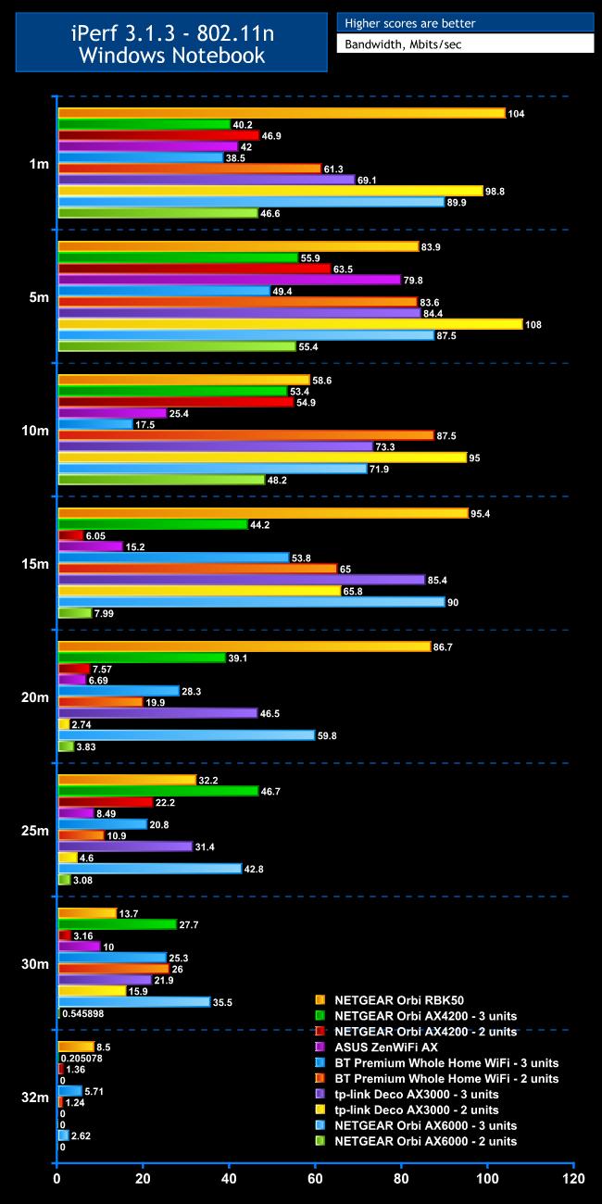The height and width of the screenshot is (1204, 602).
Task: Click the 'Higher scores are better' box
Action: tap(464, 23)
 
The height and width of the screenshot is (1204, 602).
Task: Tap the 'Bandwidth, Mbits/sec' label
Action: tap(464, 44)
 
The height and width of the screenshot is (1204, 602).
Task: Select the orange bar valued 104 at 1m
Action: tap(282, 113)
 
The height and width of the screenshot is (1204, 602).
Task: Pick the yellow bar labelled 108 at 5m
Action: tap(290, 324)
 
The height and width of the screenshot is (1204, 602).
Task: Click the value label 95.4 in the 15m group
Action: tap(485, 513)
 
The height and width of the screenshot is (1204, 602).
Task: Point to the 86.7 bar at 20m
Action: tap(245, 646)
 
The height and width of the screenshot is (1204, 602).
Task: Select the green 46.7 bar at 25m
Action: tap(158, 791)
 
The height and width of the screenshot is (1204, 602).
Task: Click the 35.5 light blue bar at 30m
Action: tap(134, 1001)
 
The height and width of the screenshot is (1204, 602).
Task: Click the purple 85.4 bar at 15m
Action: tap(241, 580)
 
